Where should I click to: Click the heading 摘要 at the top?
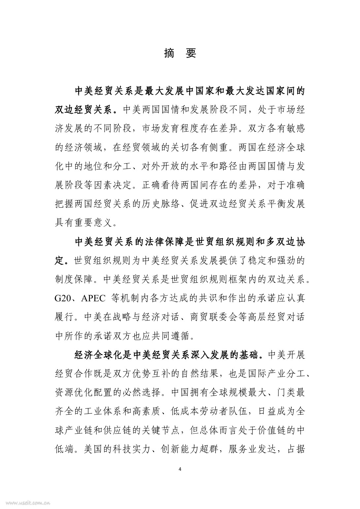[x=180, y=53]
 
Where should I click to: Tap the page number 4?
[x=180, y=469]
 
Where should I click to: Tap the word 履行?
[x=64, y=317]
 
